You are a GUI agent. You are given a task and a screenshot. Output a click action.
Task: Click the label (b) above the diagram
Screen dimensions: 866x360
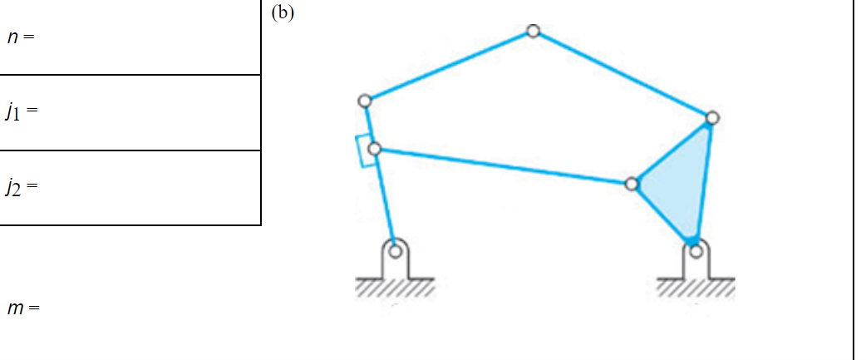pos(282,12)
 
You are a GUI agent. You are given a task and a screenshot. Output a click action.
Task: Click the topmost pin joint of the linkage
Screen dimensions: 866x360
pos(533,32)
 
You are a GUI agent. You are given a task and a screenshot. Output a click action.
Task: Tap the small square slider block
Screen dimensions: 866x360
pos(364,150)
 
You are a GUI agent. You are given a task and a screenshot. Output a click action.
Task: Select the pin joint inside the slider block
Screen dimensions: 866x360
pos(374,149)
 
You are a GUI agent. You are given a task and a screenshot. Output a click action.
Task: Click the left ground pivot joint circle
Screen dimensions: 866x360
pos(396,249)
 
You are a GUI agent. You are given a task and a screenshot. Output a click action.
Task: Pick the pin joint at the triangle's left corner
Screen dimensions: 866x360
pos(632,183)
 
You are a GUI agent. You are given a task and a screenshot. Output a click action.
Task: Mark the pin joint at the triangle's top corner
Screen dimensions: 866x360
pos(711,119)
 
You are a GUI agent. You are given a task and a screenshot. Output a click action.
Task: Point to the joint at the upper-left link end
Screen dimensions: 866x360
pos(364,101)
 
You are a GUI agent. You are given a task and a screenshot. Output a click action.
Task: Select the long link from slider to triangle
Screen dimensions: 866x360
pos(503,166)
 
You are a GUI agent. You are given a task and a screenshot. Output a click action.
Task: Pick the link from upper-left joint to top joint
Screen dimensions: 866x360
pos(449,67)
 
